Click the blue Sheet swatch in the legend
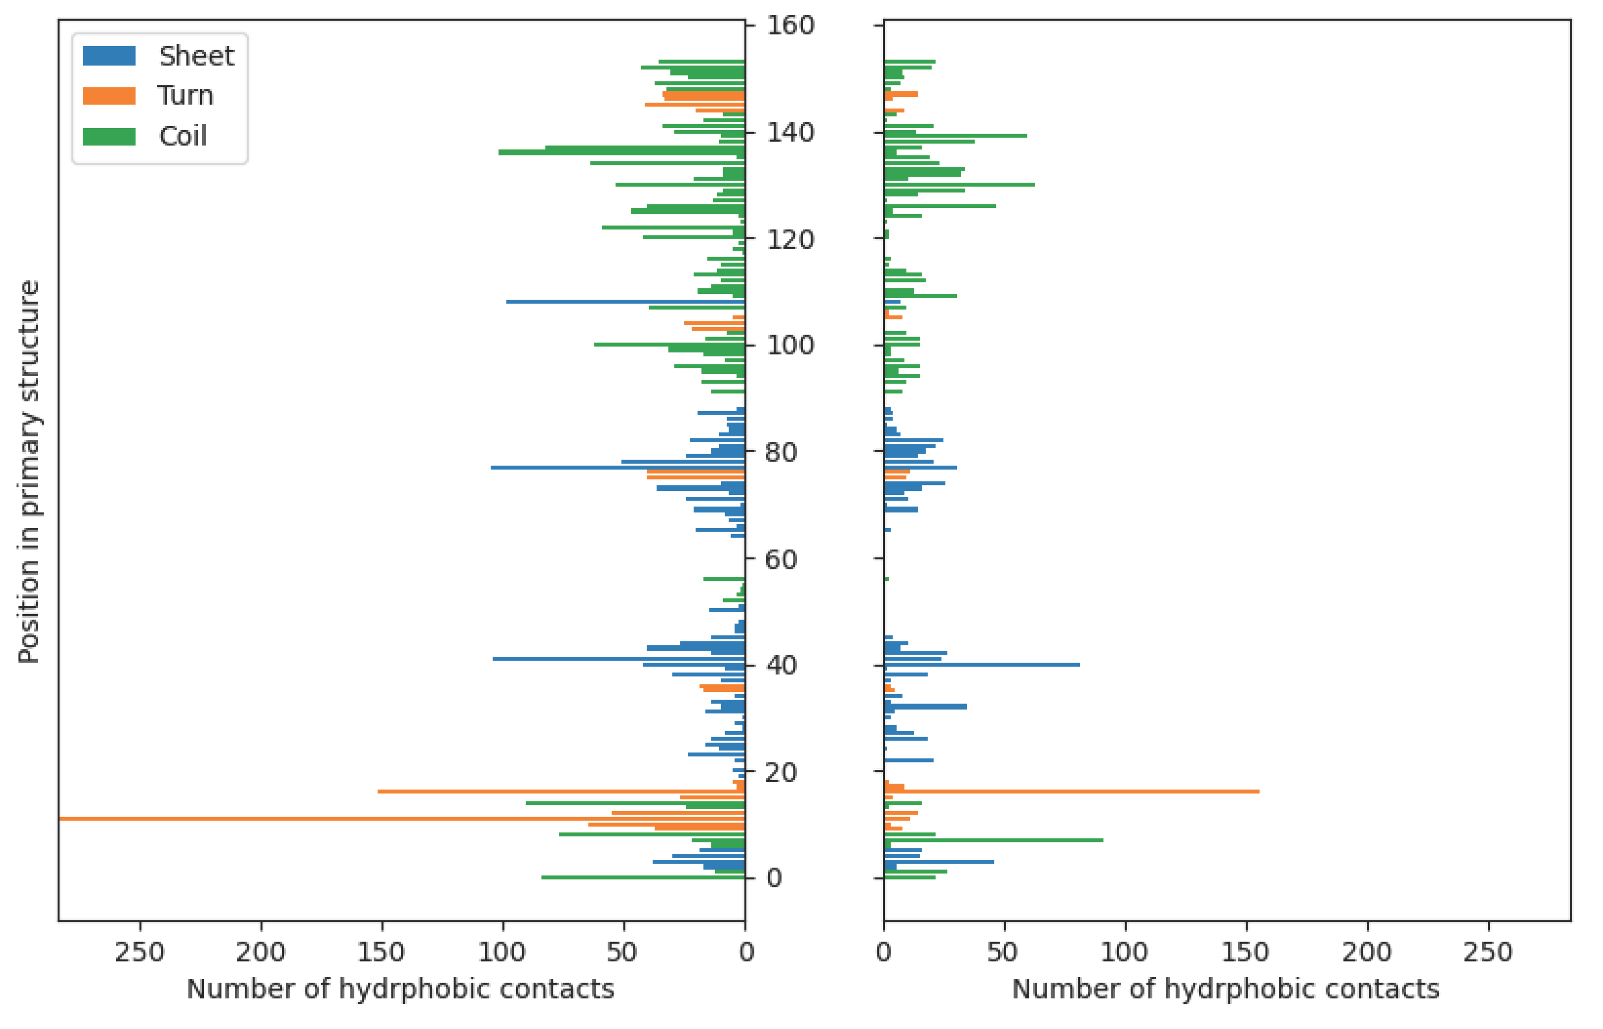pyautogui.click(x=109, y=56)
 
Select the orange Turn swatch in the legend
pyautogui.click(x=109, y=95)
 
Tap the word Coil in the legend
pyautogui.click(x=182, y=137)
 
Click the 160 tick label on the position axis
pyautogui.click(x=790, y=26)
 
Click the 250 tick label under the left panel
pyautogui.click(x=139, y=952)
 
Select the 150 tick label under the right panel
pyautogui.click(x=1246, y=952)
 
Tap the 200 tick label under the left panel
pyautogui.click(x=261, y=952)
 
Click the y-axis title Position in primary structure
pyautogui.click(x=29, y=471)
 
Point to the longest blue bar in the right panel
pyautogui.click(x=982, y=665)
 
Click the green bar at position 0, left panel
pyautogui.click(x=643, y=877)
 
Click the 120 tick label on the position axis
pyautogui.click(x=790, y=240)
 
